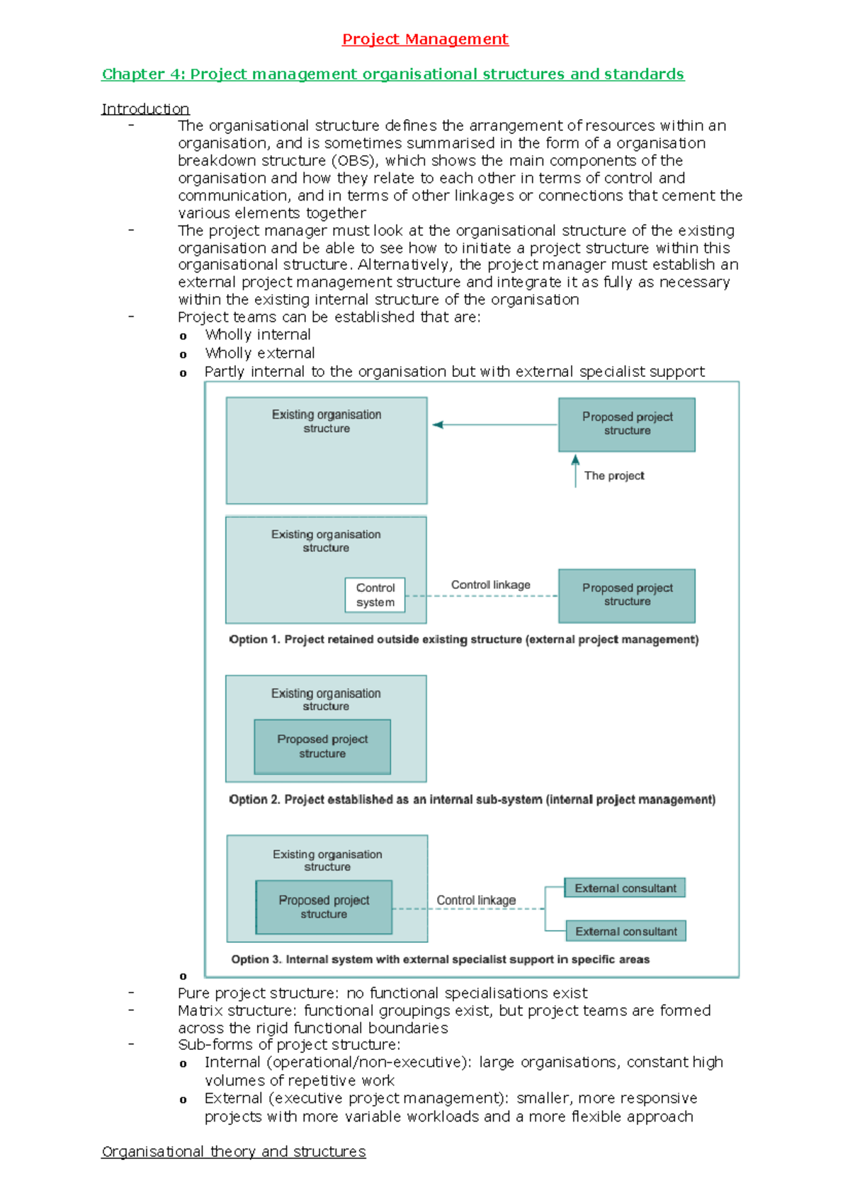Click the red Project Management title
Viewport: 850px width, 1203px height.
coord(425,39)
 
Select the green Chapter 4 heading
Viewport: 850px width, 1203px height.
coord(392,74)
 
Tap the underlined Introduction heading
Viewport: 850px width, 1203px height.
coord(145,109)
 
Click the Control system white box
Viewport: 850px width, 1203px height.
coord(375,595)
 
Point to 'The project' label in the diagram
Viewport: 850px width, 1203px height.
coord(614,476)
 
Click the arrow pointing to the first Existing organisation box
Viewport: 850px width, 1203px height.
coord(438,425)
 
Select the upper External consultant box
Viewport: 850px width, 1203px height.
coord(625,888)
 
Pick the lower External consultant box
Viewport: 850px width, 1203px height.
coord(625,932)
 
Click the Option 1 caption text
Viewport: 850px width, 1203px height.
coord(463,640)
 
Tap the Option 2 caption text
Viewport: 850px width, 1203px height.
coord(472,800)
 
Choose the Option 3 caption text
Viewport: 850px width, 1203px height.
coord(440,960)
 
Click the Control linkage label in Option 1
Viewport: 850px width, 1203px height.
coord(490,585)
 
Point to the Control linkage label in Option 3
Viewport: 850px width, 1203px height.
coord(476,900)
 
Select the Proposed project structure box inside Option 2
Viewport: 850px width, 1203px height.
coord(322,747)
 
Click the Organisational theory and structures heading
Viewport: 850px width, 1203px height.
coord(234,1152)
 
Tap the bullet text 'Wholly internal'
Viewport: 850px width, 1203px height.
coord(258,335)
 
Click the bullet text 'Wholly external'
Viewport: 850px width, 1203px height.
coord(260,354)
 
